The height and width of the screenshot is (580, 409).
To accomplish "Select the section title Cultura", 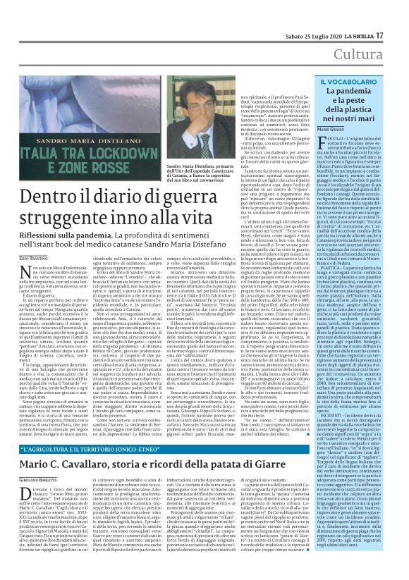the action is (x=378, y=33).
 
